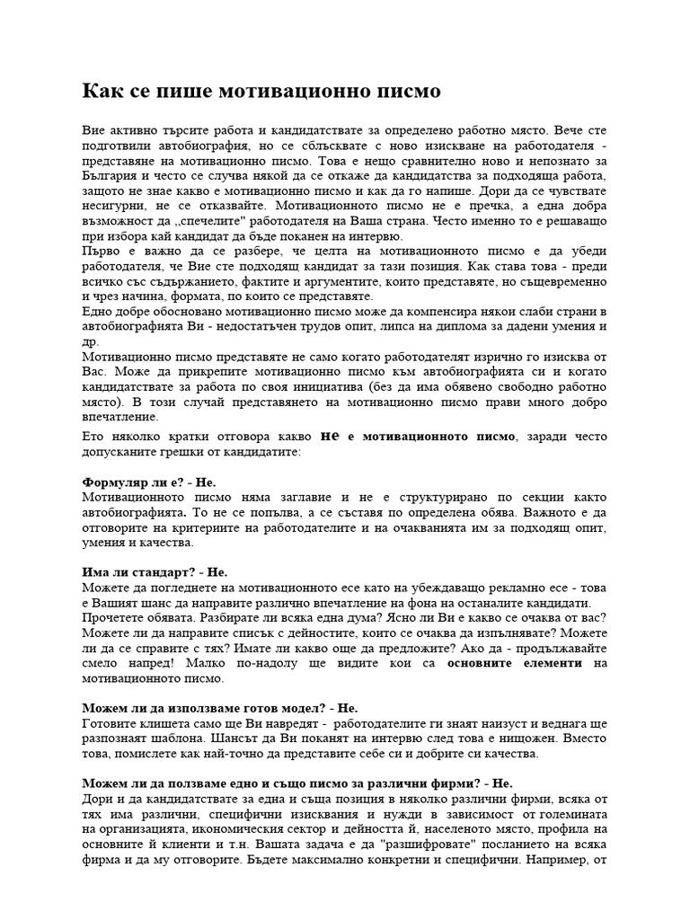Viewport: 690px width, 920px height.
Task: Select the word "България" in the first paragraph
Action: (110, 177)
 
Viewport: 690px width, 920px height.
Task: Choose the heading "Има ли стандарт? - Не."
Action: (155, 571)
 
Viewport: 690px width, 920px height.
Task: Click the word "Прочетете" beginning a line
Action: (114, 617)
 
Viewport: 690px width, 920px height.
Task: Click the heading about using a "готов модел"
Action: (219, 708)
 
